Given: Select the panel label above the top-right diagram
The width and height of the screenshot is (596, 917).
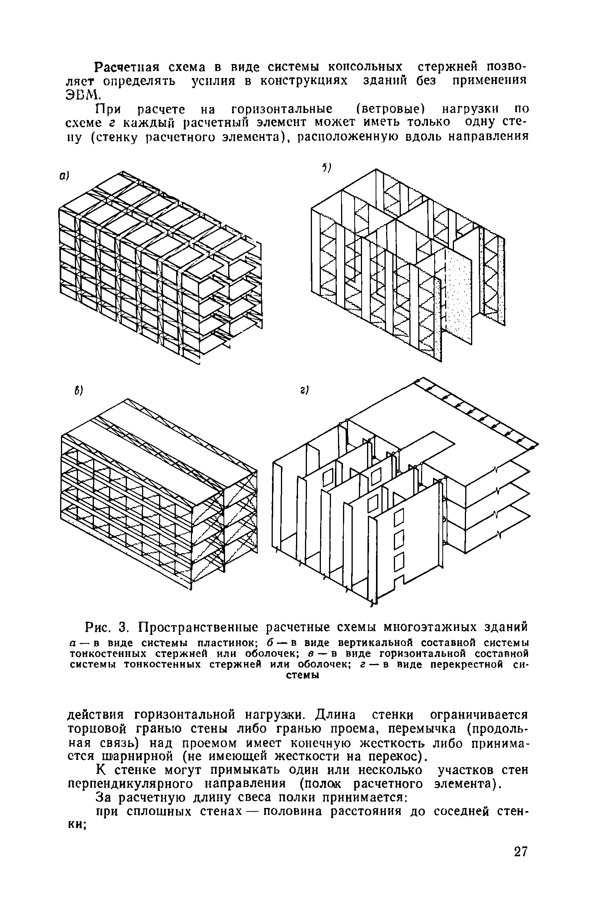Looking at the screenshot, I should click(325, 167).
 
